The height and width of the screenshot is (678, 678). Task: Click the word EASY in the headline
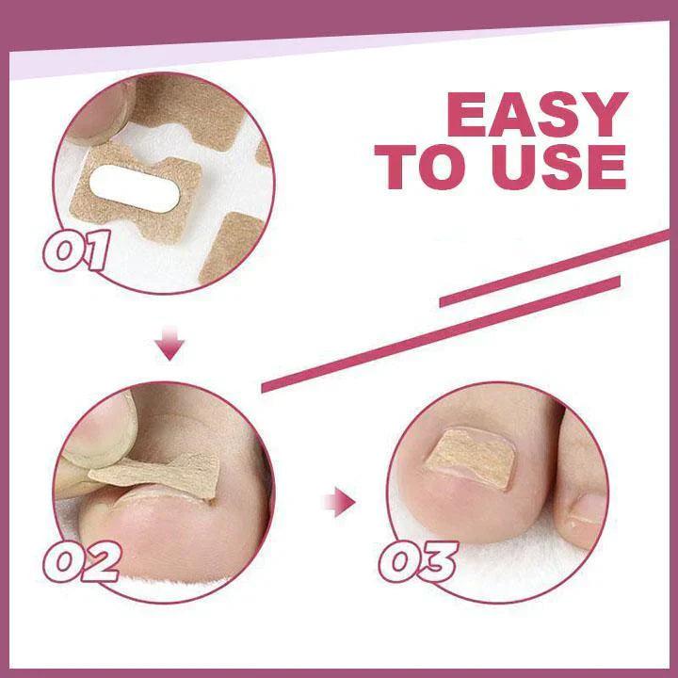[x=536, y=117]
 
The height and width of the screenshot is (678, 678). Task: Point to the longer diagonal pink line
[x=471, y=311]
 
